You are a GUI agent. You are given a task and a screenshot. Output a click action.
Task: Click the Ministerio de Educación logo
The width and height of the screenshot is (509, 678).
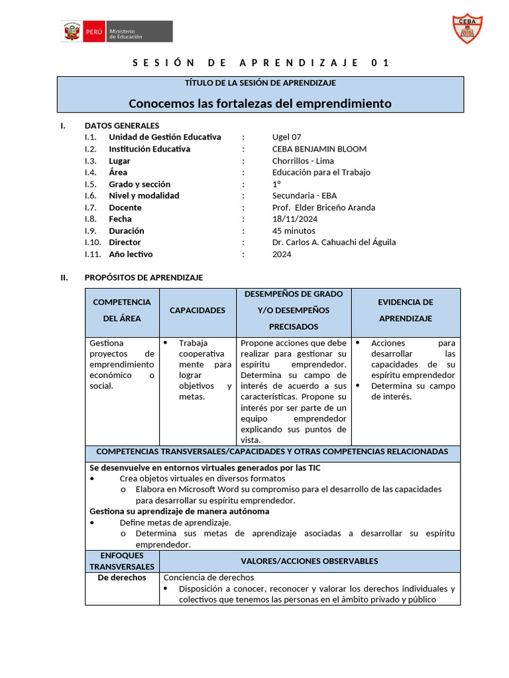tap(117, 31)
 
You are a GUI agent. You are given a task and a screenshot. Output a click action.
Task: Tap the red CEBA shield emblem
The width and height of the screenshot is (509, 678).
tap(466, 28)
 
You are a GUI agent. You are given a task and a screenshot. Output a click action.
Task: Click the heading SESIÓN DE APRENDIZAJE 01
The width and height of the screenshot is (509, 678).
tap(260, 63)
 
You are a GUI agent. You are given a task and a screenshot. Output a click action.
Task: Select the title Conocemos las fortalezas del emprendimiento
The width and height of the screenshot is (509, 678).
tap(260, 104)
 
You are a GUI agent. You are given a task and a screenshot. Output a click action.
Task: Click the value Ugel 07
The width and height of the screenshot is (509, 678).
tap(286, 137)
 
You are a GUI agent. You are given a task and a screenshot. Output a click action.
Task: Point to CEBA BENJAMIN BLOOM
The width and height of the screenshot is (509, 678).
tap(319, 149)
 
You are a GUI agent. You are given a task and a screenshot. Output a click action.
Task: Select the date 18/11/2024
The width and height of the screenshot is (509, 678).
tap(295, 219)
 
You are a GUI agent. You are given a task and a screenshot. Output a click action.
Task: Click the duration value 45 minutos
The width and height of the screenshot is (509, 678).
tap(294, 231)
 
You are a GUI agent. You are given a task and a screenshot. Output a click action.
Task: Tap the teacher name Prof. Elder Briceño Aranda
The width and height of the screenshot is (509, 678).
tap(323, 207)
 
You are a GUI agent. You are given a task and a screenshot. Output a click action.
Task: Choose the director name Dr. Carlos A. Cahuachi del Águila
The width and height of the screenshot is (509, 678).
tap(333, 242)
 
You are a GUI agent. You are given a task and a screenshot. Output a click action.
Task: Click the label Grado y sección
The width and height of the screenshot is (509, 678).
tap(139, 184)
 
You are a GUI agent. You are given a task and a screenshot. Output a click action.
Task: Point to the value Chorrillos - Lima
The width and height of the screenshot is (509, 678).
tap(303, 161)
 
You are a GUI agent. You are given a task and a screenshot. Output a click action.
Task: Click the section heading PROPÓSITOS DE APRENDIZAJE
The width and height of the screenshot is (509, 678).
tap(144, 277)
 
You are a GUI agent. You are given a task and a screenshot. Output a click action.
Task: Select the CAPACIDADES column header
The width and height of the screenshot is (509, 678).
tap(198, 310)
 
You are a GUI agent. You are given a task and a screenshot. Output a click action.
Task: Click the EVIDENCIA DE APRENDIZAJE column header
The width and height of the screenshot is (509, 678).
tap(406, 310)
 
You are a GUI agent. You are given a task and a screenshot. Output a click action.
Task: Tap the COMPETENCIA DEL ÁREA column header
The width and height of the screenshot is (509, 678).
tap(122, 310)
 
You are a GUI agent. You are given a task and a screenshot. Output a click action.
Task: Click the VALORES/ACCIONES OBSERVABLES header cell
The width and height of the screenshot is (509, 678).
tap(309, 561)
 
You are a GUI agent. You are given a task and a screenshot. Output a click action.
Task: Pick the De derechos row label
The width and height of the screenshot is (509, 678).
tap(122, 577)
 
